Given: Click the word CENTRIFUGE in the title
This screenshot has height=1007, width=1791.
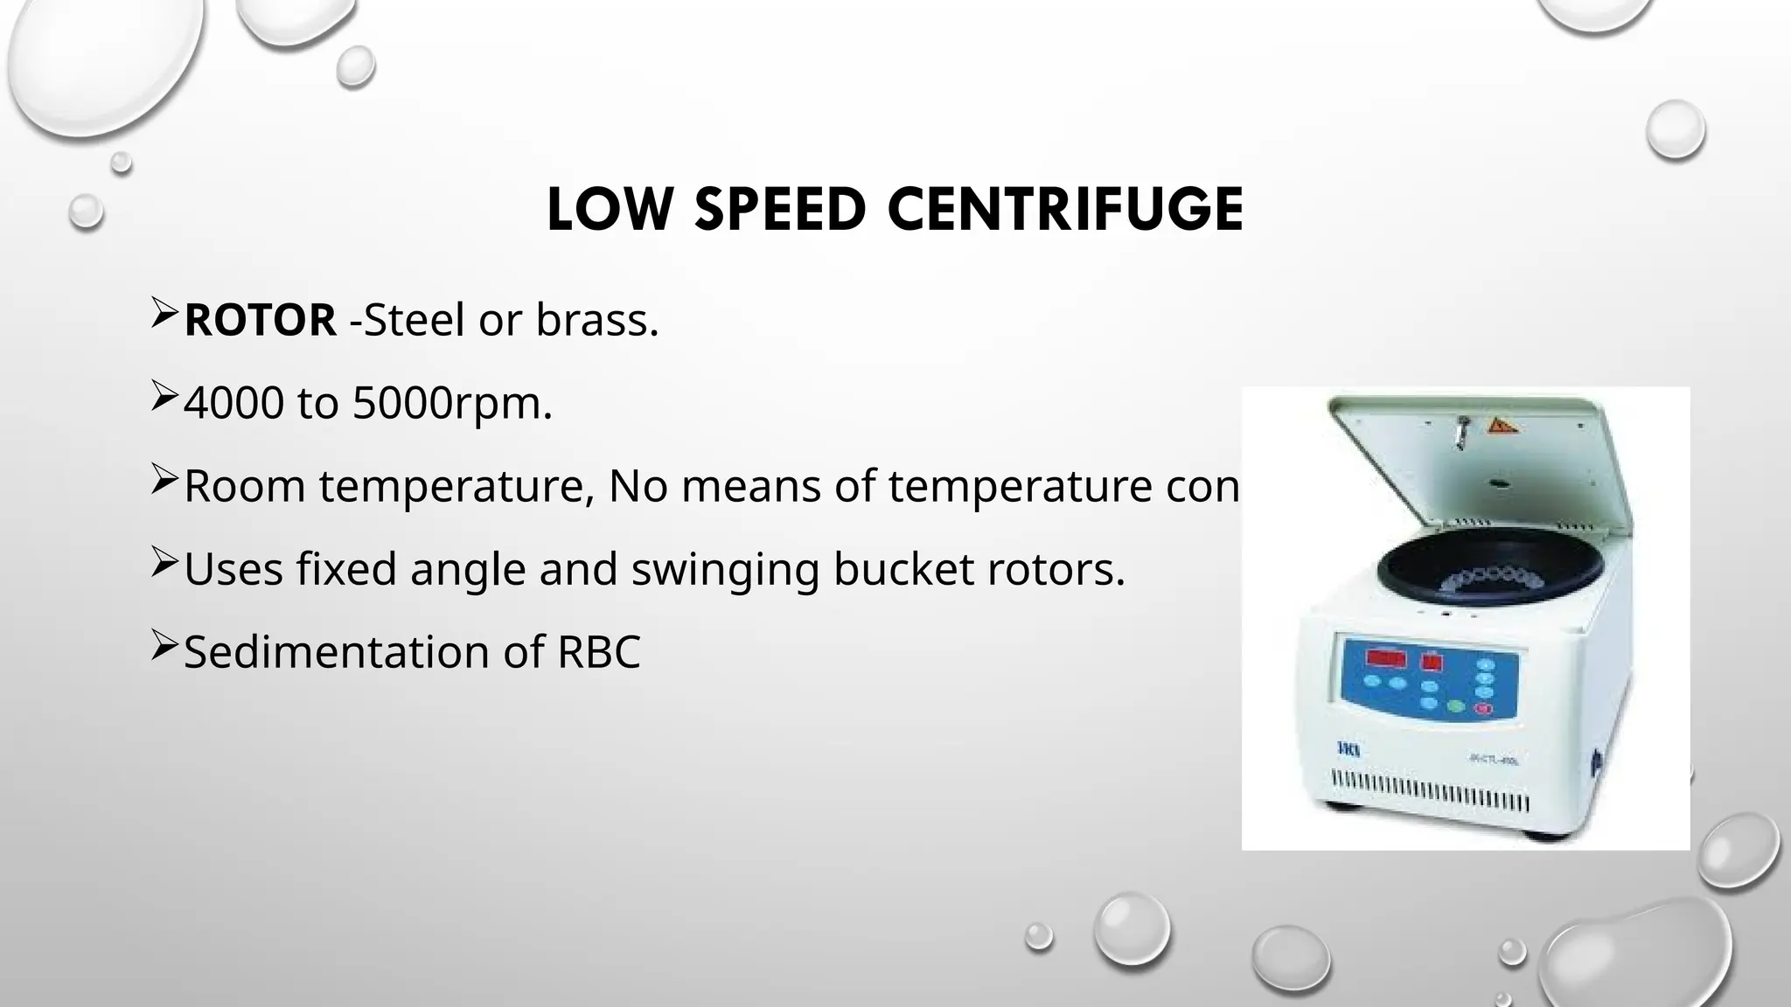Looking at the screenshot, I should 1065,210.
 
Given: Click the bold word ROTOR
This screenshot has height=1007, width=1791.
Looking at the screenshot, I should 260,320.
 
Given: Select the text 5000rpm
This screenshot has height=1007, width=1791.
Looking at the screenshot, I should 452,403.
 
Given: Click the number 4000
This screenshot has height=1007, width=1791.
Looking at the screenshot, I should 233,403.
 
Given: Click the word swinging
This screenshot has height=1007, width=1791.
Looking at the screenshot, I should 725,570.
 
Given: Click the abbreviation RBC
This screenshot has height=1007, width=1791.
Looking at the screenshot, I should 599,652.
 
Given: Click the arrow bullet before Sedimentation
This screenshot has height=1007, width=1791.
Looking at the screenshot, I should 164,646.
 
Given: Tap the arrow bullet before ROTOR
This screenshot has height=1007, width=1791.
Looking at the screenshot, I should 164,314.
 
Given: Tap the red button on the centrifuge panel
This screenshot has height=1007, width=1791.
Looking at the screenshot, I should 1484,709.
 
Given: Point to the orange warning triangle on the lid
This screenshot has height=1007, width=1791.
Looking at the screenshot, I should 1502,427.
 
